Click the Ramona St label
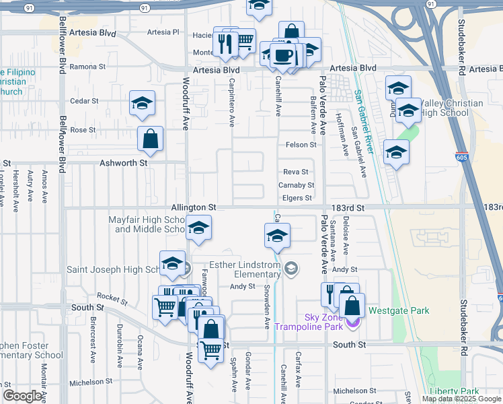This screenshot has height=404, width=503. pos(87,67)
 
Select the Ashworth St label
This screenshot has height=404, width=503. pos(123,163)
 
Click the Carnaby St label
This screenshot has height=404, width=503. pos(296,185)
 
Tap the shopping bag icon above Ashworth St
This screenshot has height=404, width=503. pos(151,139)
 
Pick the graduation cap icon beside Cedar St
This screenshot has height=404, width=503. pos(142,103)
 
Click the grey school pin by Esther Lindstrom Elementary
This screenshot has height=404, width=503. pos(291,269)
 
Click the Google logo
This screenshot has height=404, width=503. pos(23,396)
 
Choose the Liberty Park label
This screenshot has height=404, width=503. pos(454,391)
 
